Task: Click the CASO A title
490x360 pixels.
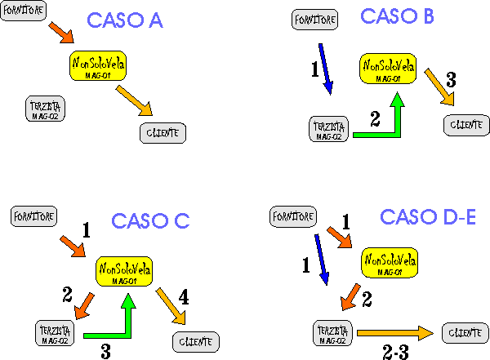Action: pyautogui.click(x=124, y=21)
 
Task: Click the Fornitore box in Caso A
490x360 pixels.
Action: pyautogui.click(x=23, y=14)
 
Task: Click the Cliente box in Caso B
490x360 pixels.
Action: pyautogui.click(x=466, y=125)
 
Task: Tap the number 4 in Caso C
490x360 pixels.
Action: pyautogui.click(x=183, y=300)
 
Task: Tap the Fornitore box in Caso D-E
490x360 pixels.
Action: pyautogui.click(x=292, y=216)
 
